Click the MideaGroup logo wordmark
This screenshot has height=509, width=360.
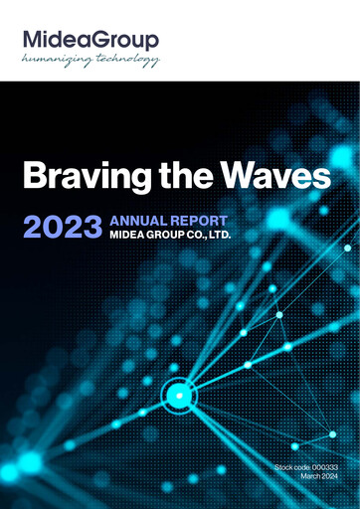(90, 40)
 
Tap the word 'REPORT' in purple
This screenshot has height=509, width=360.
(199, 220)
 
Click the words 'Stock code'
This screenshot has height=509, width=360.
(290, 466)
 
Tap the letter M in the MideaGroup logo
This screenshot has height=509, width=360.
(33, 40)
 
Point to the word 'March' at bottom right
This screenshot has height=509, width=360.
(310, 477)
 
